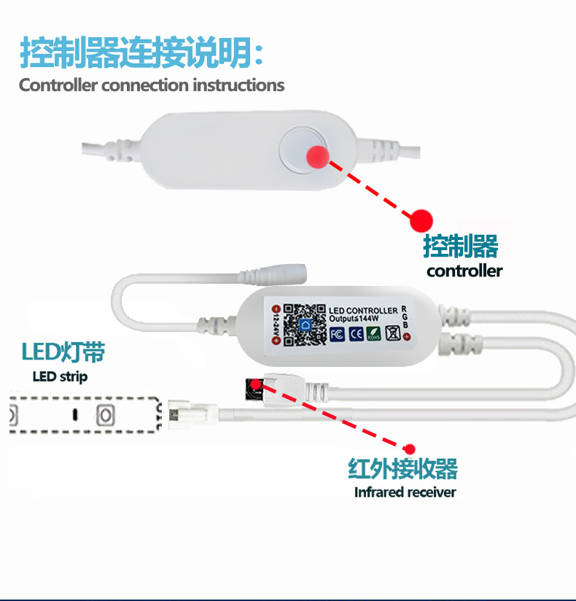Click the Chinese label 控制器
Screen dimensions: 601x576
click(x=460, y=247)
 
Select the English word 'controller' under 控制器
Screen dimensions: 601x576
click(x=464, y=271)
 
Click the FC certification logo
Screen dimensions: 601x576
click(x=337, y=334)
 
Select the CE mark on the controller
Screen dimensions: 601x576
click(x=356, y=334)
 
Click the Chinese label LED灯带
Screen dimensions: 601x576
click(x=63, y=353)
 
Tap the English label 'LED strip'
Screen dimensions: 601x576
click(x=60, y=377)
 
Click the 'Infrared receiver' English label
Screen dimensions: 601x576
click(x=405, y=492)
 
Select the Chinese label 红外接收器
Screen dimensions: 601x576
click(x=402, y=468)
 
